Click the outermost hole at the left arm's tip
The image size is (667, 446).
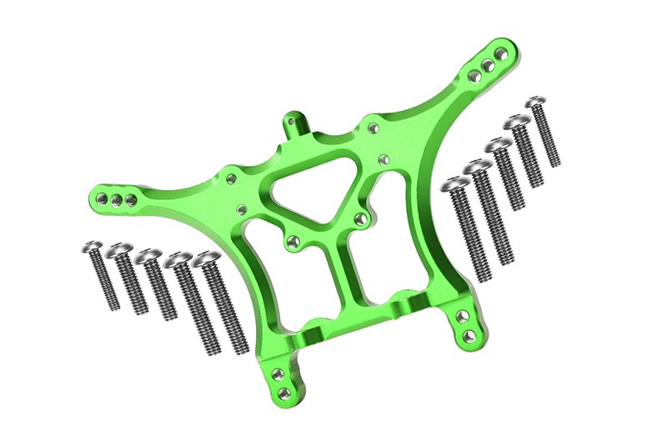click(101, 201)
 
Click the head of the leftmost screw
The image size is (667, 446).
click(93, 247)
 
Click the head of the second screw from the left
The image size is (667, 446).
click(120, 249)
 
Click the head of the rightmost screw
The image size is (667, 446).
click(535, 103)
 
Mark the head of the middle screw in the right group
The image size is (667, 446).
click(499, 146)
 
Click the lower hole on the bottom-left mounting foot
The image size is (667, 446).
click(285, 392)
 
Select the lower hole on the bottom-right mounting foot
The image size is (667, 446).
click(469, 336)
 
